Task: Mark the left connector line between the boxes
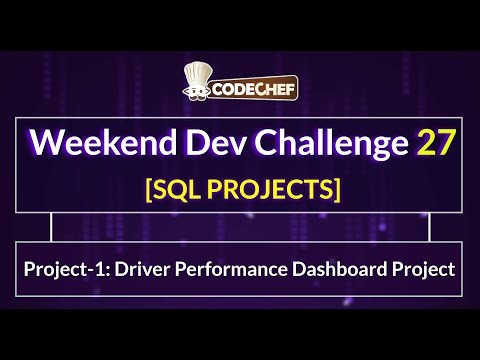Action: [x=51, y=228]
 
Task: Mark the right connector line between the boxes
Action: [x=429, y=228]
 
